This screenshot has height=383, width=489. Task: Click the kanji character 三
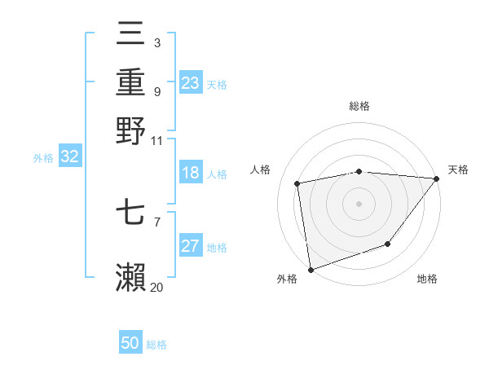click(131, 33)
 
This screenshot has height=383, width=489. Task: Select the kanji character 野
click(131, 130)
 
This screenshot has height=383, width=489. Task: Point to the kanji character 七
click(131, 214)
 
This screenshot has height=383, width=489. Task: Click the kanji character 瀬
click(131, 277)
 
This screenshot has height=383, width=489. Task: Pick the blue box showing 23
click(191, 83)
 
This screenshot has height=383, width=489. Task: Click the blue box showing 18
click(191, 174)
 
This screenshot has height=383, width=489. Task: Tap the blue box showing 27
click(191, 247)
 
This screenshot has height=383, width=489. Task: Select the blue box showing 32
click(69, 157)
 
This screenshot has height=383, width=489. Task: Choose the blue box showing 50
click(130, 343)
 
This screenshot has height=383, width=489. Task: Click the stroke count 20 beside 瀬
click(156, 287)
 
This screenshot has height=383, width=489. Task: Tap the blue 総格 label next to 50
click(156, 345)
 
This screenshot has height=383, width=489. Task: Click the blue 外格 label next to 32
click(42, 158)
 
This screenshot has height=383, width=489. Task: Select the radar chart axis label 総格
click(359, 106)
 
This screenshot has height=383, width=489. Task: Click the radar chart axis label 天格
click(458, 169)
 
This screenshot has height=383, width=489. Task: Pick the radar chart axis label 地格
click(427, 280)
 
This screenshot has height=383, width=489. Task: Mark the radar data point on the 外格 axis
click(311, 269)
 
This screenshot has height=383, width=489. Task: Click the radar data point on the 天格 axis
click(437, 178)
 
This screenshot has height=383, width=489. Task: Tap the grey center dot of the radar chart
click(359, 203)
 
